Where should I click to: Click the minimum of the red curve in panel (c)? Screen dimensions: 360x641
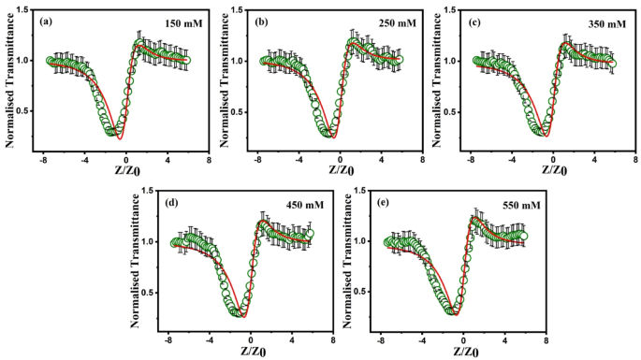point(546,135)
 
